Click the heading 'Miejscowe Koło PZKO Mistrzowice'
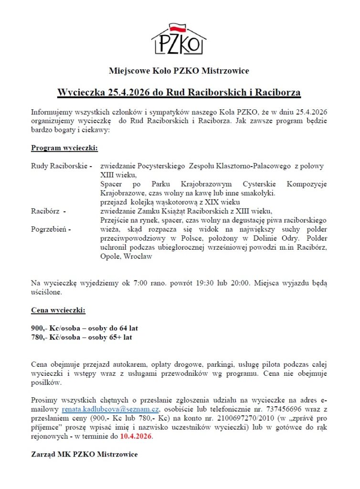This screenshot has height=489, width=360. [179, 71]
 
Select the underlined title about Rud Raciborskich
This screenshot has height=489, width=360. [179, 92]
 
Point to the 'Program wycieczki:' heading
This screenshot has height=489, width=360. [64, 148]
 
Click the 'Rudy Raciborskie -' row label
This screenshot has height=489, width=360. [62, 166]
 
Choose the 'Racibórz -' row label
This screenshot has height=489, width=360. [48, 211]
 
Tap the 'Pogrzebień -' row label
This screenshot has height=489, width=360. [51, 229]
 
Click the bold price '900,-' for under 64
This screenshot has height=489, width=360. [39, 329]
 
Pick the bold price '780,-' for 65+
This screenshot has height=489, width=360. [39, 338]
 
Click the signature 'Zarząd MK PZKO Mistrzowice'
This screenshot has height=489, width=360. [85, 454]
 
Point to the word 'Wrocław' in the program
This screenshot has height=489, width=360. [138, 256]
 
